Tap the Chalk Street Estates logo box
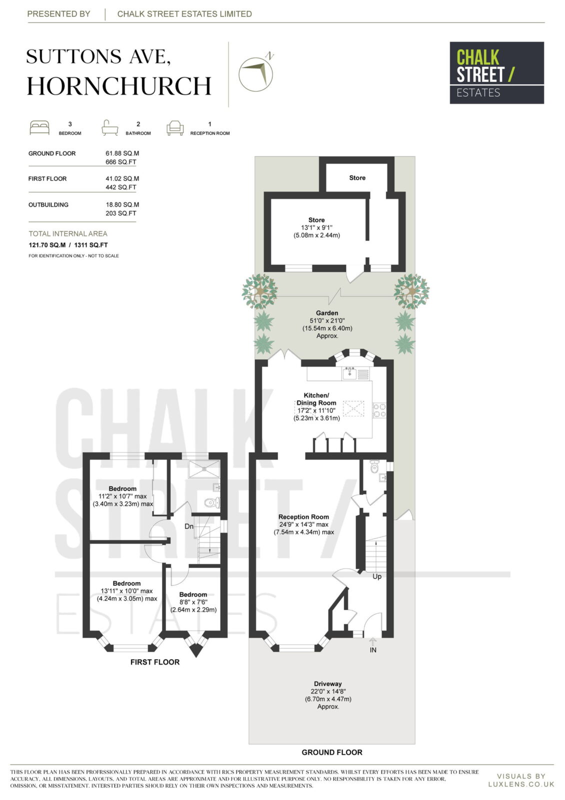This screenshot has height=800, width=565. click(496, 73)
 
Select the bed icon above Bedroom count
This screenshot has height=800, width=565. click(39, 128)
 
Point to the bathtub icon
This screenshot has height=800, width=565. click(109, 128)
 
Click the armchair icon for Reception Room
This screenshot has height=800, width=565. click(175, 128)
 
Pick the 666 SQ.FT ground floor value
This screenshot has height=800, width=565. click(120, 162)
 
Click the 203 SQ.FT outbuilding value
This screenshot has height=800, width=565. click(120, 213)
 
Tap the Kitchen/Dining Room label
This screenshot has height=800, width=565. click(316, 399)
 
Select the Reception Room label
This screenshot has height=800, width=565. click(303, 517)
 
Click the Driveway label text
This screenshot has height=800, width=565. click(328, 683)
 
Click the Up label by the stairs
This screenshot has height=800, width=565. click(377, 576)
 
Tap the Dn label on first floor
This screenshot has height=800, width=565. click(189, 526)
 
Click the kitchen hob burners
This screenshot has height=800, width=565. click(379, 410)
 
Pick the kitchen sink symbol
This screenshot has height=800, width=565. click(349, 373)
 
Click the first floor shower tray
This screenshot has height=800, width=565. click(204, 468)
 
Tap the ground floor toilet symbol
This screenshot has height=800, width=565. click(374, 467)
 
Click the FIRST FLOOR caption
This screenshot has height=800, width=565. click(155, 662)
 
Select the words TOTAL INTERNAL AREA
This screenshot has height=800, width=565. click(68, 233)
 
